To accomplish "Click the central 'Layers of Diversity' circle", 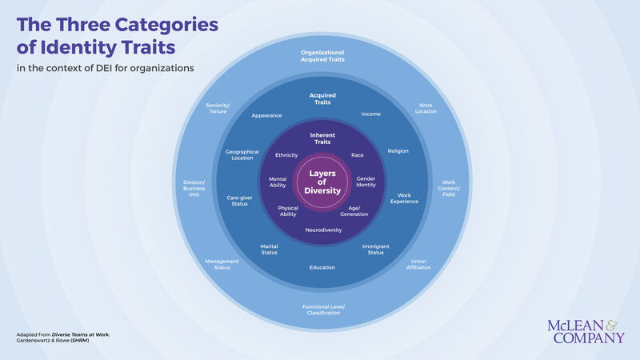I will (322, 182).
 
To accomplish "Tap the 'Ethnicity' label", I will (286, 155).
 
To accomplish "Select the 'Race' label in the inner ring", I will (358, 155).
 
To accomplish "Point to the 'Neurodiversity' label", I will (323, 230).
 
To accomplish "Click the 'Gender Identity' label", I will (366, 182).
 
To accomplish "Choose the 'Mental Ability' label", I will (278, 182).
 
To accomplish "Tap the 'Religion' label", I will (398, 150).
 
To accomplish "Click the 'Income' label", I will (371, 114).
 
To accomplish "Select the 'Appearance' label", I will (266, 115).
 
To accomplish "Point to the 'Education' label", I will (322, 267).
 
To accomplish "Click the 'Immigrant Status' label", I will (376, 250).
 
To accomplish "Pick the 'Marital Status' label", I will (269, 250).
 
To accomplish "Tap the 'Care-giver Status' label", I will (239, 200).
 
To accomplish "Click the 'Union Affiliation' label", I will (419, 264).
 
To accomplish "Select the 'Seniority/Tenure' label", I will (218, 108).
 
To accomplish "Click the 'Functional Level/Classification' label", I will (323, 310).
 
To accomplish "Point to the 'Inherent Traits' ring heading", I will (322, 138).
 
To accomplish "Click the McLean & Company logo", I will (586, 331).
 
